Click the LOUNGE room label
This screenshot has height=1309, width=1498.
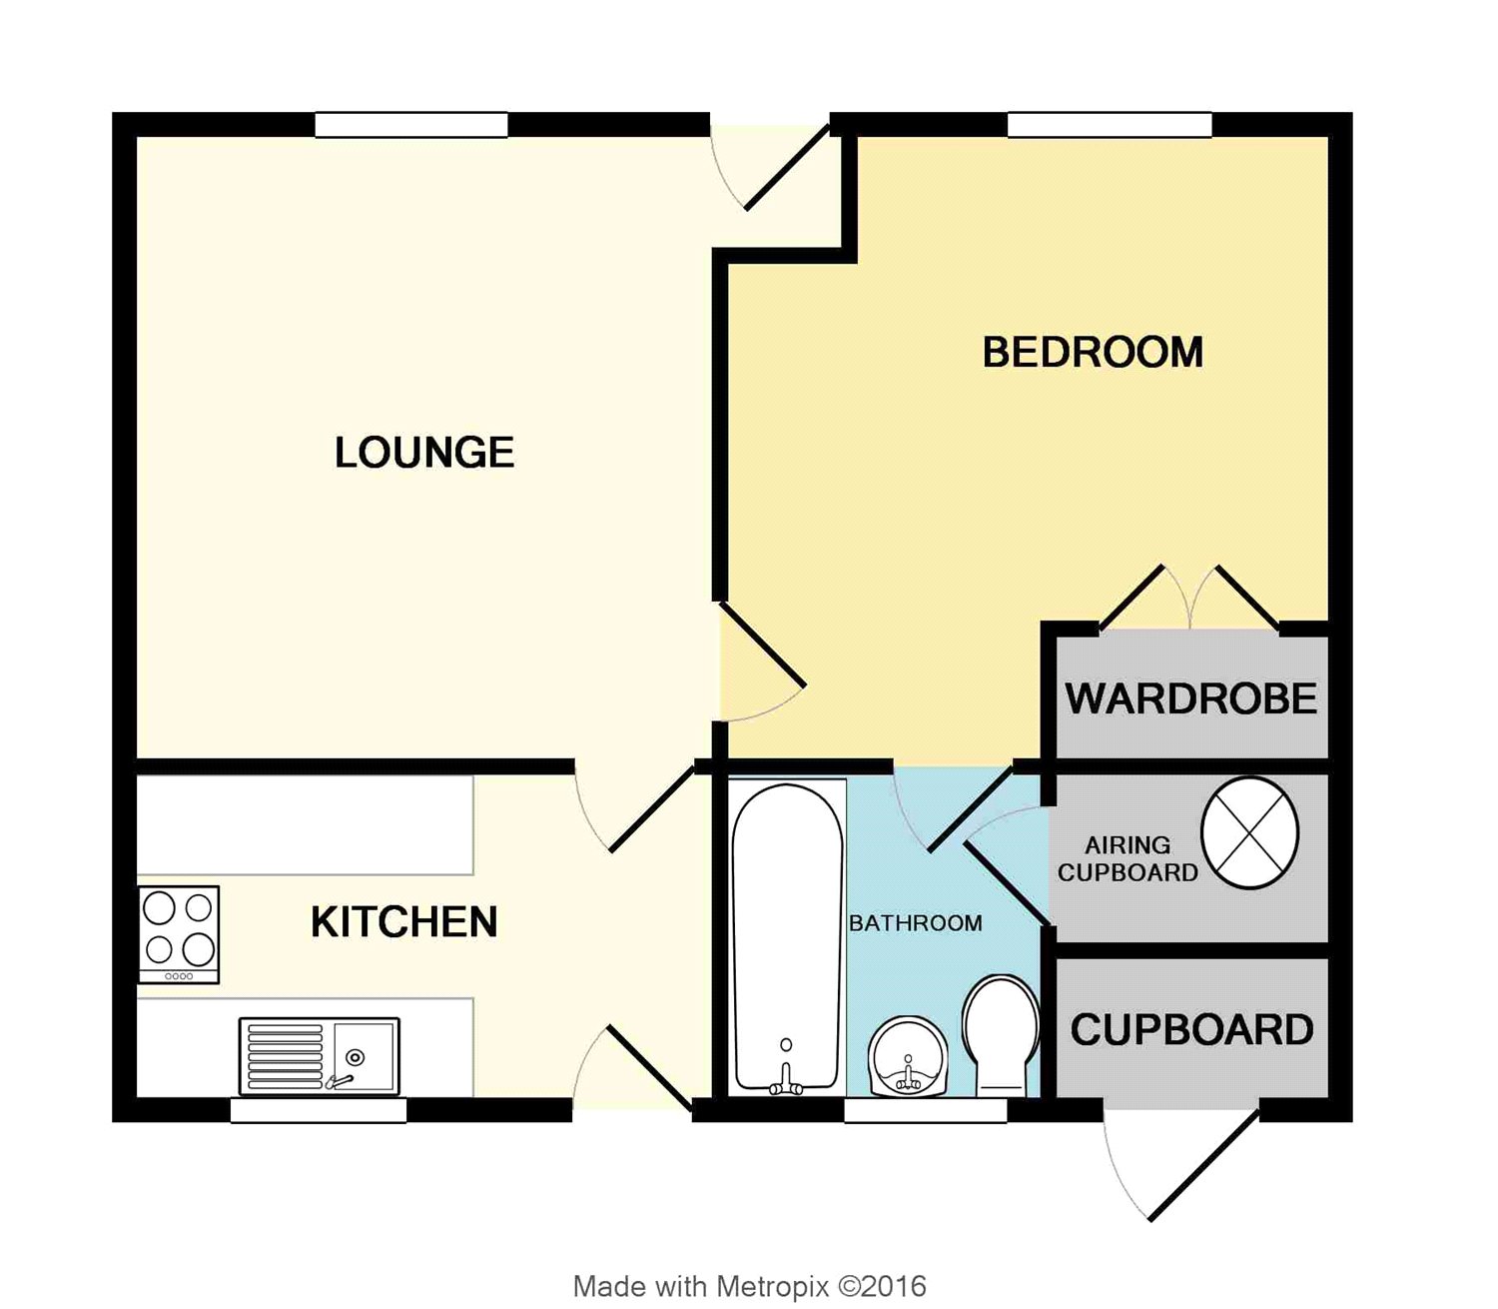(x=423, y=452)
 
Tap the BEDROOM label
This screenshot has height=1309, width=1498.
(x=1093, y=353)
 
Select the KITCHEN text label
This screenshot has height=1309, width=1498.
(x=404, y=921)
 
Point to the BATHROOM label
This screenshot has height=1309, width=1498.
(x=915, y=923)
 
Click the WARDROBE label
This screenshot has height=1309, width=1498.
(x=1190, y=698)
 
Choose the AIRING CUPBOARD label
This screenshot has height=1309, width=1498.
(x=1127, y=859)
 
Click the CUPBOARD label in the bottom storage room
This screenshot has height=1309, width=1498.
(x=1191, y=1030)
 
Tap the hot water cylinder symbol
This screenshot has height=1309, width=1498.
(x=1249, y=833)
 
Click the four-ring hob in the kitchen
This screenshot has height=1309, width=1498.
(x=179, y=934)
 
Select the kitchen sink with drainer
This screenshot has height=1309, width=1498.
(x=320, y=1056)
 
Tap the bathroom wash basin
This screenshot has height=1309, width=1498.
(x=908, y=1056)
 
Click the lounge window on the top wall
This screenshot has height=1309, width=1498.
(x=411, y=125)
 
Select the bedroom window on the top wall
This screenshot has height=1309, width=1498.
(x=1110, y=125)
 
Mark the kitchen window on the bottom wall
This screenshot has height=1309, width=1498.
(x=319, y=1110)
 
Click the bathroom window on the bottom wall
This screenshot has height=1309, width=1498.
(x=926, y=1110)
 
